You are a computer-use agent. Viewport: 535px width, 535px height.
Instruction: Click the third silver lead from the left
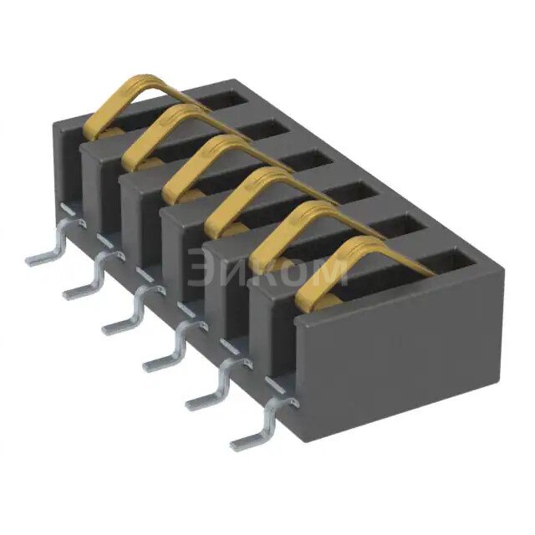click(x=125, y=321)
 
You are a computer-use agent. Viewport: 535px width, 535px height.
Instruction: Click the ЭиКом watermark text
click(x=267, y=269)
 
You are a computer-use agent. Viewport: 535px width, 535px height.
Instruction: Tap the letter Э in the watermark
click(x=201, y=269)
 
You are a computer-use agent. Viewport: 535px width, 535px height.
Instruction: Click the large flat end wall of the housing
click(x=401, y=351)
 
